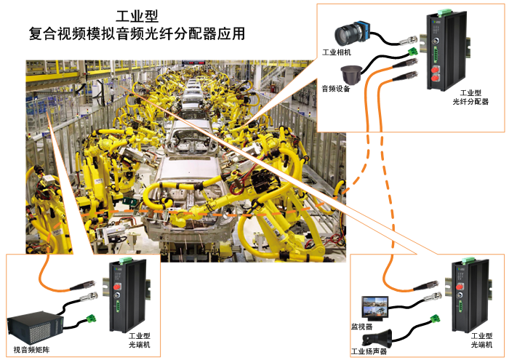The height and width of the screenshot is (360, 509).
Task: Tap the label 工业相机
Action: (337, 52)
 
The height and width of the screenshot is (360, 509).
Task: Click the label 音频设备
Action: (336, 89)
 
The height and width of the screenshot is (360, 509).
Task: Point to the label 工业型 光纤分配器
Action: (470, 97)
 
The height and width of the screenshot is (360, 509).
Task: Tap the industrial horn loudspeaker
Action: (377, 338)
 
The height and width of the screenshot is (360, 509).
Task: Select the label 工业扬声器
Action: (369, 351)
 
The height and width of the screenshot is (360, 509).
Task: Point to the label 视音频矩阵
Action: (31, 350)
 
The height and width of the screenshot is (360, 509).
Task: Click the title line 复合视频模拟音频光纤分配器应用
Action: (137, 33)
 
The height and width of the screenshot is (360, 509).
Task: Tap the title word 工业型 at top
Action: (137, 16)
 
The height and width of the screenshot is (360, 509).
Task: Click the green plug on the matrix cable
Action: (91, 319)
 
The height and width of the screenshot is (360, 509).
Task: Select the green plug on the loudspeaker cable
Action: (436, 319)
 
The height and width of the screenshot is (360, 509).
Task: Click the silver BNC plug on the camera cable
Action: (409, 41)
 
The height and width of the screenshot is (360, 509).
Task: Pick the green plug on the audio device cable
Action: (413, 52)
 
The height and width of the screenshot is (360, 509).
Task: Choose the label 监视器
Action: (362, 327)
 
